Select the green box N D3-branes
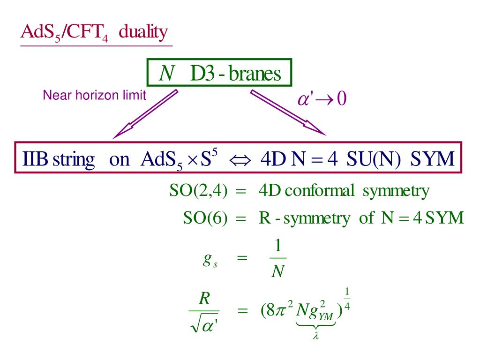[x=220, y=74]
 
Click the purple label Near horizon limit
[x=94, y=96]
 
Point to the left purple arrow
[x=145, y=114]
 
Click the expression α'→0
[x=322, y=99]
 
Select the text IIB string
[x=58, y=159]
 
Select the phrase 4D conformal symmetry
[x=344, y=191]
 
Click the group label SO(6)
[x=205, y=218]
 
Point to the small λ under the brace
[x=315, y=336]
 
